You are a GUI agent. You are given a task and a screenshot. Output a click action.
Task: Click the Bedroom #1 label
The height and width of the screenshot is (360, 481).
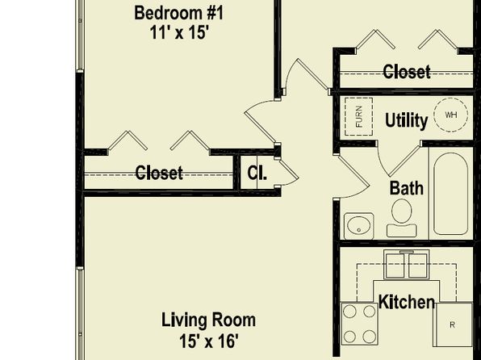(x=179, y=14)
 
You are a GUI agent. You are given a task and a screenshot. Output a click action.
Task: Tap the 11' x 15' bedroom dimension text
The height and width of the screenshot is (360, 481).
(x=179, y=32)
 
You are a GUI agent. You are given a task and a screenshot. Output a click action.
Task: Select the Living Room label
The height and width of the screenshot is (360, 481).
(x=208, y=320)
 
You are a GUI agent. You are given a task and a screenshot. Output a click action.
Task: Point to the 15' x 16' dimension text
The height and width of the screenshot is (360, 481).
(x=208, y=341)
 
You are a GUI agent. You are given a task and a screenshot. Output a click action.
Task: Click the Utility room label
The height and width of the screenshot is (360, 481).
(x=406, y=120)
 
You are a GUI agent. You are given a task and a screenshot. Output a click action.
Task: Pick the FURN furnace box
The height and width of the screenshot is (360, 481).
(x=358, y=116)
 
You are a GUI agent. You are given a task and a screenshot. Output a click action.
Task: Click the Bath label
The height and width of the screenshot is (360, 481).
(x=407, y=188)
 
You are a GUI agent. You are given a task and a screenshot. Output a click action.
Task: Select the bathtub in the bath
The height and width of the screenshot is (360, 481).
(x=450, y=194)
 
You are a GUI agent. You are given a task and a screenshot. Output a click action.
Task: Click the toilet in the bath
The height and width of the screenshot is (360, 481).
(x=402, y=218)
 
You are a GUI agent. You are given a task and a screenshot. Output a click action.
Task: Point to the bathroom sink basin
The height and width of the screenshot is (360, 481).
(x=359, y=226)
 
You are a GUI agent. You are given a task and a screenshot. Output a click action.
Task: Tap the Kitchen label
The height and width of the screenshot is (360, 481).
(x=407, y=302)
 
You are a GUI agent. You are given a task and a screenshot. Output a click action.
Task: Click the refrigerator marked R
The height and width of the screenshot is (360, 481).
(x=453, y=324)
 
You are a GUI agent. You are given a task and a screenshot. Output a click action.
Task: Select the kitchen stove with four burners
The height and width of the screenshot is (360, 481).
(x=359, y=324)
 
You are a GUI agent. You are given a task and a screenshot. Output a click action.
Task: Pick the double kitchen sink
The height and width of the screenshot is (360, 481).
(x=407, y=265)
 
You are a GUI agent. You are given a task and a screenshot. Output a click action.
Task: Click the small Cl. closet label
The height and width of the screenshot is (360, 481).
(x=257, y=173)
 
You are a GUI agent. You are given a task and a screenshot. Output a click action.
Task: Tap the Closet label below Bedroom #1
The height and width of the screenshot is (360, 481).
(x=159, y=173)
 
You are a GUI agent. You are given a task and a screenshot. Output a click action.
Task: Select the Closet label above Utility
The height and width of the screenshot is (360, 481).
(x=407, y=72)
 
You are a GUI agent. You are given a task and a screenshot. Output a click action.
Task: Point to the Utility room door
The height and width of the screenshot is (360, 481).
(x=399, y=160)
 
